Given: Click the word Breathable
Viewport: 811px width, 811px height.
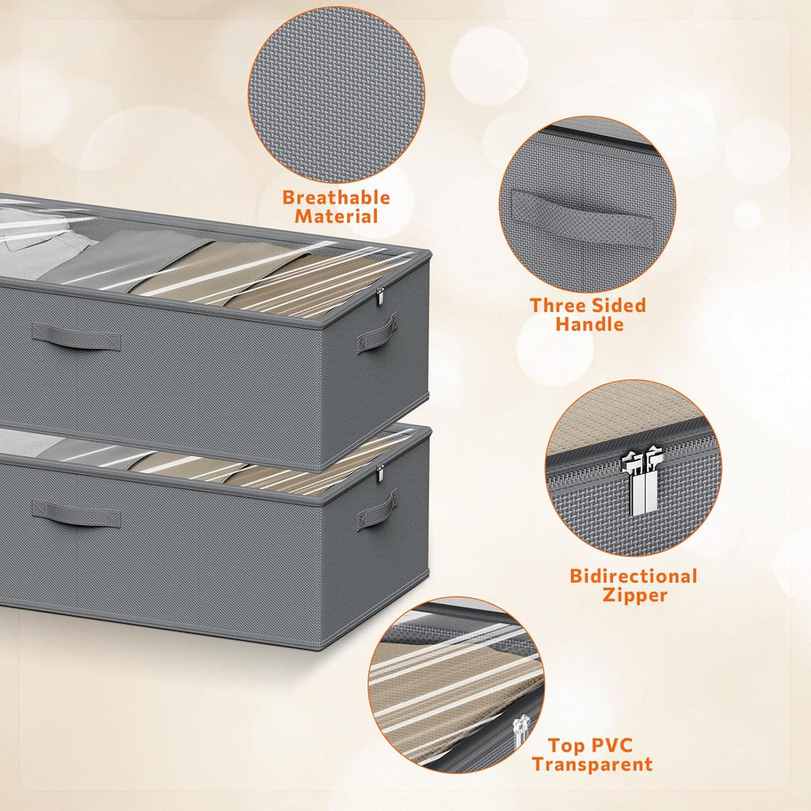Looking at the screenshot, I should [336, 197].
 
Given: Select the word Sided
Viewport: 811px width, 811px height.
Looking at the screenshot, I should [619, 305].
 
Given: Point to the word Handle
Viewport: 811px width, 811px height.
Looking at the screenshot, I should [589, 324].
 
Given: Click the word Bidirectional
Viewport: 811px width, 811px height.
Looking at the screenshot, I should [633, 576].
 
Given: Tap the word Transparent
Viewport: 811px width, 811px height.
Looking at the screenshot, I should [592, 764].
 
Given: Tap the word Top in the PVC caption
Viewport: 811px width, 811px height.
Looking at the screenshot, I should [566, 745].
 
